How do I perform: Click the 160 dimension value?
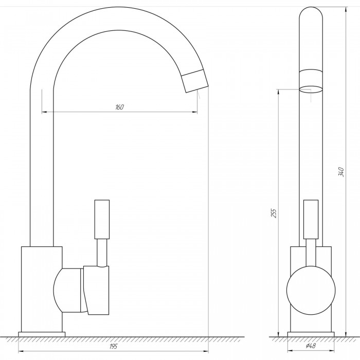119,107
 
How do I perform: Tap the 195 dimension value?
114,347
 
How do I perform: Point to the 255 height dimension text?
274,213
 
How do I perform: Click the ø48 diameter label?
311,346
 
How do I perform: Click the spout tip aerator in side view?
195,81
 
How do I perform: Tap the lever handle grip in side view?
102,219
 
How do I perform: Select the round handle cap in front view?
311,291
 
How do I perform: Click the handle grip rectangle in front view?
311,219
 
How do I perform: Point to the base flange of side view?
42,334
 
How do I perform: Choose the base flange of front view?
311,334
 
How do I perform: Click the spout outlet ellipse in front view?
311,89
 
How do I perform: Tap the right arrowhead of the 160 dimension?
195,112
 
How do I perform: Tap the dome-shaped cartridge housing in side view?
67,291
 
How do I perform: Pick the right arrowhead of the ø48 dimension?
332,351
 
